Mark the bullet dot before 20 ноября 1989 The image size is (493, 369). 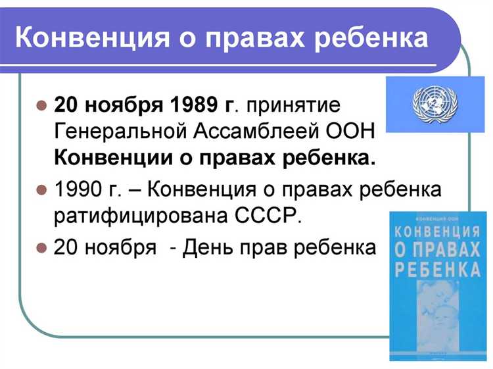pyautogui.click(x=41, y=104)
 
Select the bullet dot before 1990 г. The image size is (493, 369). pyautogui.click(x=41, y=189)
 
